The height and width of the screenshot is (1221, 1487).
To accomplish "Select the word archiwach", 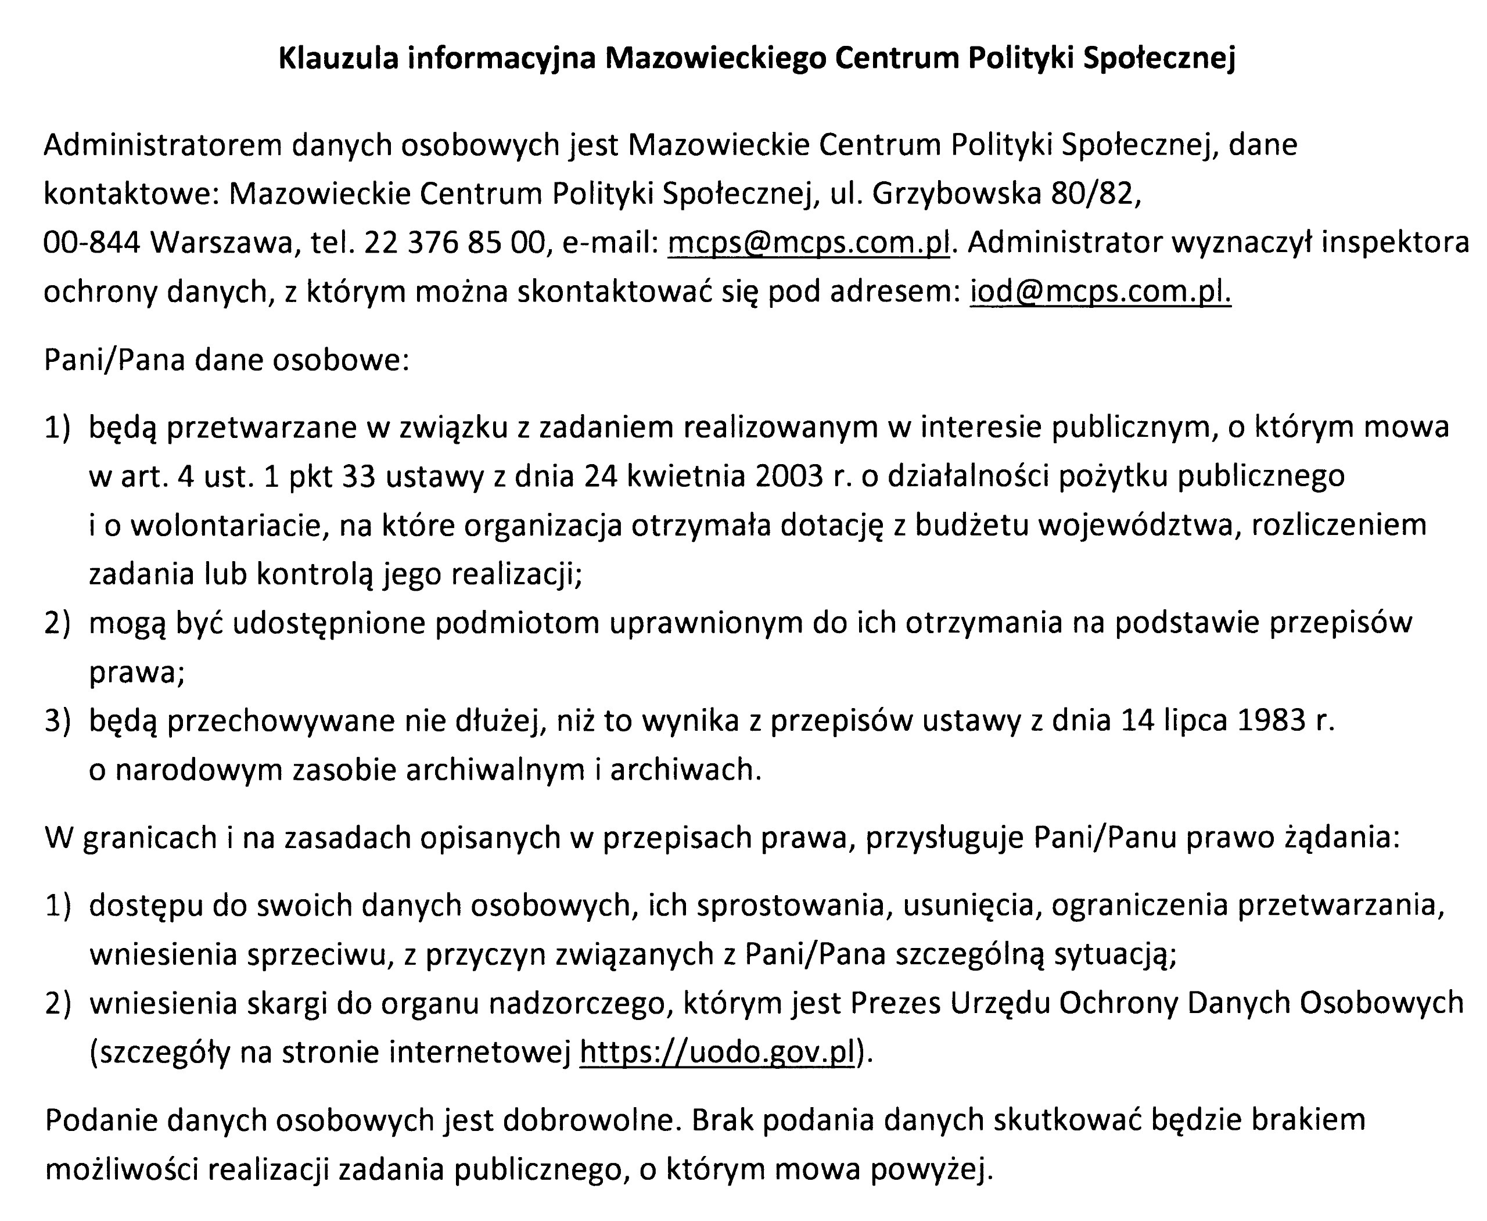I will tap(685, 770).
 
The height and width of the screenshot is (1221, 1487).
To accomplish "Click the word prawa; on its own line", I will tap(137, 673).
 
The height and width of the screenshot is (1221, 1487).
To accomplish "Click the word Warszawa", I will tap(220, 243).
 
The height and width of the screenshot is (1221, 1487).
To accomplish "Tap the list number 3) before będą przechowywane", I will tap(58, 721).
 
